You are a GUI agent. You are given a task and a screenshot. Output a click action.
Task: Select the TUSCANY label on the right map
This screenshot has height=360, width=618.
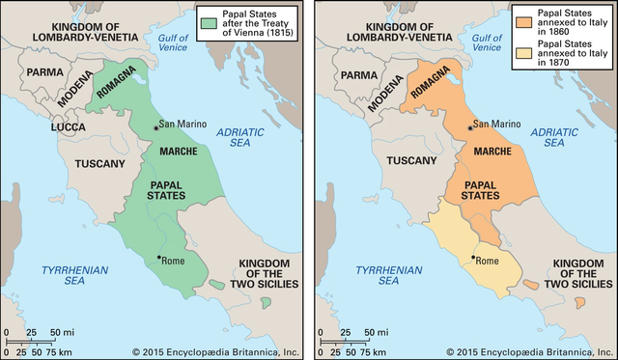[414, 163]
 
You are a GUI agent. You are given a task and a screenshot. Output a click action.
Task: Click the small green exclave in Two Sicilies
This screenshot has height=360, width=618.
[265, 302]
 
